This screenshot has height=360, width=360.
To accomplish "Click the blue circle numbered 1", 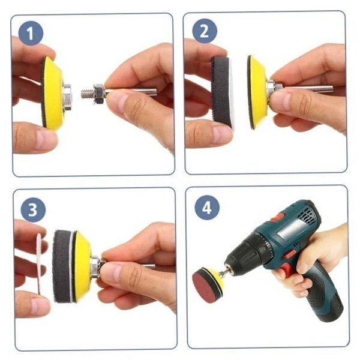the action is (x=31, y=33).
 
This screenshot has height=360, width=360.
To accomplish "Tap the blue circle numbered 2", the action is (x=205, y=31).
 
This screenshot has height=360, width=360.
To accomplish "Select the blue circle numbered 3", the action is (x=33, y=209).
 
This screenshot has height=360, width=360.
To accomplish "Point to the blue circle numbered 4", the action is (x=207, y=208).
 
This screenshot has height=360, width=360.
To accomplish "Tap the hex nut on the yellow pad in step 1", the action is (x=67, y=97).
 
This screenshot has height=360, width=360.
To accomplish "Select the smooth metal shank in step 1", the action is (x=130, y=92).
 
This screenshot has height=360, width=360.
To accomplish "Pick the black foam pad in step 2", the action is (x=220, y=91).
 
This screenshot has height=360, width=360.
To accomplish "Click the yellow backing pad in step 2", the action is (x=257, y=92).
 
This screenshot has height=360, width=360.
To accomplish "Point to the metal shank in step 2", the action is (x=308, y=89).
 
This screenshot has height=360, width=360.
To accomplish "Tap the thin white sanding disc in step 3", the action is (x=39, y=263).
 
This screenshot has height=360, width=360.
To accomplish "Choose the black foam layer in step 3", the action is (x=62, y=266).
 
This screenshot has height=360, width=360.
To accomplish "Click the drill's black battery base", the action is (x=324, y=305).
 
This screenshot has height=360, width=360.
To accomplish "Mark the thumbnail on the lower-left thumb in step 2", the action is (x=221, y=133).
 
